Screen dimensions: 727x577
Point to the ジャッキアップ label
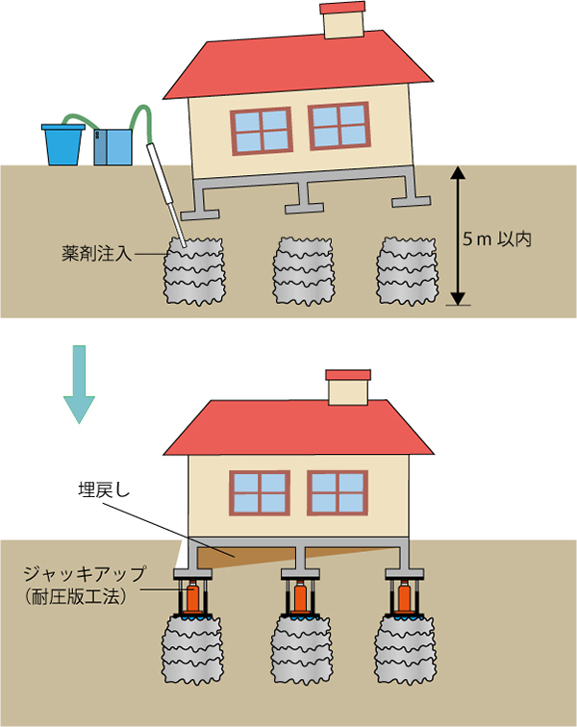(x=86, y=573)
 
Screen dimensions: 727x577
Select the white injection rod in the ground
(x=165, y=193)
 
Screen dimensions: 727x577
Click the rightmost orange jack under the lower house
(x=402, y=597)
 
